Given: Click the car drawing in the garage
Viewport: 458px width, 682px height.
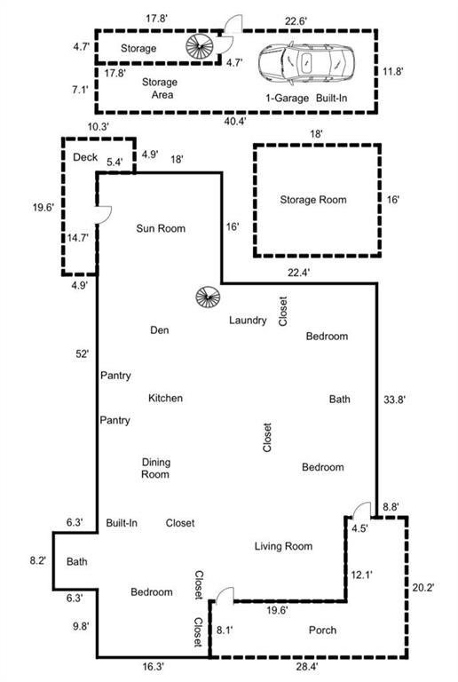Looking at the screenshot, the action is pos(306,63).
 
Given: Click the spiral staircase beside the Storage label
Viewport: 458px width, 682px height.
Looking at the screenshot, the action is pos(200,45).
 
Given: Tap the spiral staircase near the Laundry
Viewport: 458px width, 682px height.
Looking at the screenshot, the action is pos(208,297).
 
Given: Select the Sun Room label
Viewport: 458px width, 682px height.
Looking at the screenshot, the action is pos(161,228).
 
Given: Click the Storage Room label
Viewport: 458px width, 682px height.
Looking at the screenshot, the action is pos(313,200).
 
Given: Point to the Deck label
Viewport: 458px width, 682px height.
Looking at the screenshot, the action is pos(85,157).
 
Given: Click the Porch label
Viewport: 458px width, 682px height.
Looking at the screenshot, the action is pos(322,630).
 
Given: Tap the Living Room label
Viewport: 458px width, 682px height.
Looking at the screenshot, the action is pos(283,546).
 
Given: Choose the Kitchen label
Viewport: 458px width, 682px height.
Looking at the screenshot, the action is pos(166,398).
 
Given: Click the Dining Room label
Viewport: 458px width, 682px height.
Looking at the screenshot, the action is pos(155,468).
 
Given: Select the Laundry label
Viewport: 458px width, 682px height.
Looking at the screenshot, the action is pos(248,321).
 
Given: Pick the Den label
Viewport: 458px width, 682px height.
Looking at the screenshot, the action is pos(160,330).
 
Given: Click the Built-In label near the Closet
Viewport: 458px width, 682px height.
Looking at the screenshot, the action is pos(122,523).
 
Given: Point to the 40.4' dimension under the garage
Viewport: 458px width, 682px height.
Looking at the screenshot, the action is pos(235,122).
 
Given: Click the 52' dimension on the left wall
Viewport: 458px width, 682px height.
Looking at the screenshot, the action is pos(83,354).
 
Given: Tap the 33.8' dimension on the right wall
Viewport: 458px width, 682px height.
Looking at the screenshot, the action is pos(394,400).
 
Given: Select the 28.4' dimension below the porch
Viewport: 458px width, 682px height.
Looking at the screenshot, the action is pos(307,666).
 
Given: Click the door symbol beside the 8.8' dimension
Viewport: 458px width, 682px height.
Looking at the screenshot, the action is pos(361,511).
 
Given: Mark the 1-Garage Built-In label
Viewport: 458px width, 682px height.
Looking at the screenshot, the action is pos(306,98).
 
